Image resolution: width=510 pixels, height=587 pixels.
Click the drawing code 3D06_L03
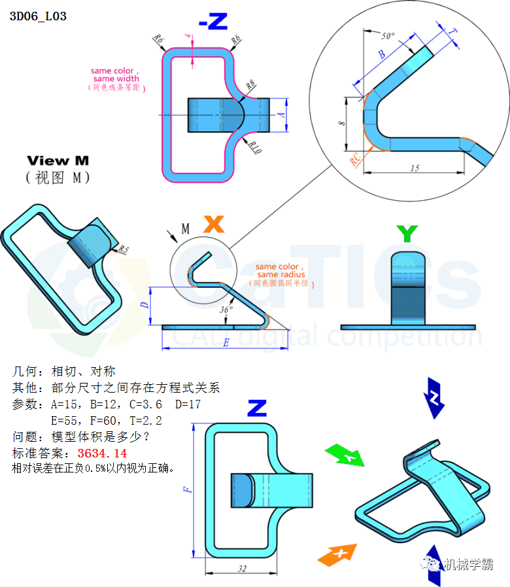tap(38, 16)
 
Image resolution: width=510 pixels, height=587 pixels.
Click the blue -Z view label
tap(212, 22)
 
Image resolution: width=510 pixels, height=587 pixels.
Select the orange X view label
tap(213, 224)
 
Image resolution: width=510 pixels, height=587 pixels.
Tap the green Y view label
tap(407, 233)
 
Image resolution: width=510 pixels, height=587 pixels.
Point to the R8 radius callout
tap(251, 86)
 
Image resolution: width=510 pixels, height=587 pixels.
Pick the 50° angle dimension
tap(388, 36)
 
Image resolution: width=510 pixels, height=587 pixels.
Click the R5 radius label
tap(123, 249)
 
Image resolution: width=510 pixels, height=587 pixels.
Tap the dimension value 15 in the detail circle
tap(414, 168)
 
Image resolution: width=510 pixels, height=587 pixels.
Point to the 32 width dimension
tap(242, 569)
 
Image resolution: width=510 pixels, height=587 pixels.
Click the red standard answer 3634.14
tap(102, 453)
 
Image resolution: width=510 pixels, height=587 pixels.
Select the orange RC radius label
tap(354, 158)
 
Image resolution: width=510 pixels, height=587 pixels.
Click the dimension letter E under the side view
tap(226, 342)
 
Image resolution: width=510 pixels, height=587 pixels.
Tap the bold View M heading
tap(58, 160)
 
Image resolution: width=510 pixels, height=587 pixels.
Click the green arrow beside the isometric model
tap(345, 455)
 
